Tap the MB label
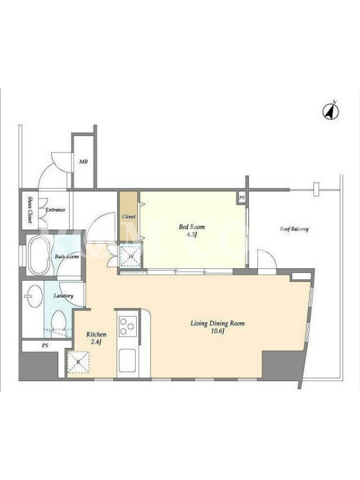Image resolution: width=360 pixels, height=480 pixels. tap(83, 161)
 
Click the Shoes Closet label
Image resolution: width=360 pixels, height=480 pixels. tap(31, 209)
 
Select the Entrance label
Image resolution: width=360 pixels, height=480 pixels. tap(55, 210)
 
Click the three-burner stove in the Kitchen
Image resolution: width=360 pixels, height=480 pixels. tap(128, 326)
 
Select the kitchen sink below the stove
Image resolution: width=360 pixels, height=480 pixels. tap(127, 361)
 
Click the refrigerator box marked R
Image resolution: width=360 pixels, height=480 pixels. tap(78, 362)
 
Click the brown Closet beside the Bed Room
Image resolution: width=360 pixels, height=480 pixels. tap(128, 217)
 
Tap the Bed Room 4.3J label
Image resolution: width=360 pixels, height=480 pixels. tap(191, 231)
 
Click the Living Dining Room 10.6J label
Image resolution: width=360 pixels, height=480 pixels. tap(218, 327)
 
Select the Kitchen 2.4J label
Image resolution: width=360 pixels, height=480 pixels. tap(96, 338)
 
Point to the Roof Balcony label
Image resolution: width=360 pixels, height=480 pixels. tap(294, 229)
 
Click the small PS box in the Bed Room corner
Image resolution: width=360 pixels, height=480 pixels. tap(242, 197)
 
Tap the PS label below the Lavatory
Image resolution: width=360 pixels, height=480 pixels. tap(45, 346)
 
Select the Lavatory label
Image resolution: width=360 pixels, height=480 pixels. tap(64, 296)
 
